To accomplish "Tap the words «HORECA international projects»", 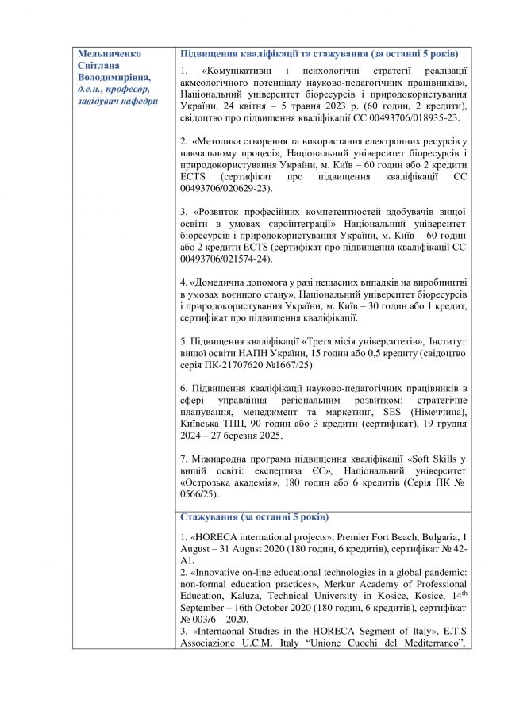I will tap(259, 539).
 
